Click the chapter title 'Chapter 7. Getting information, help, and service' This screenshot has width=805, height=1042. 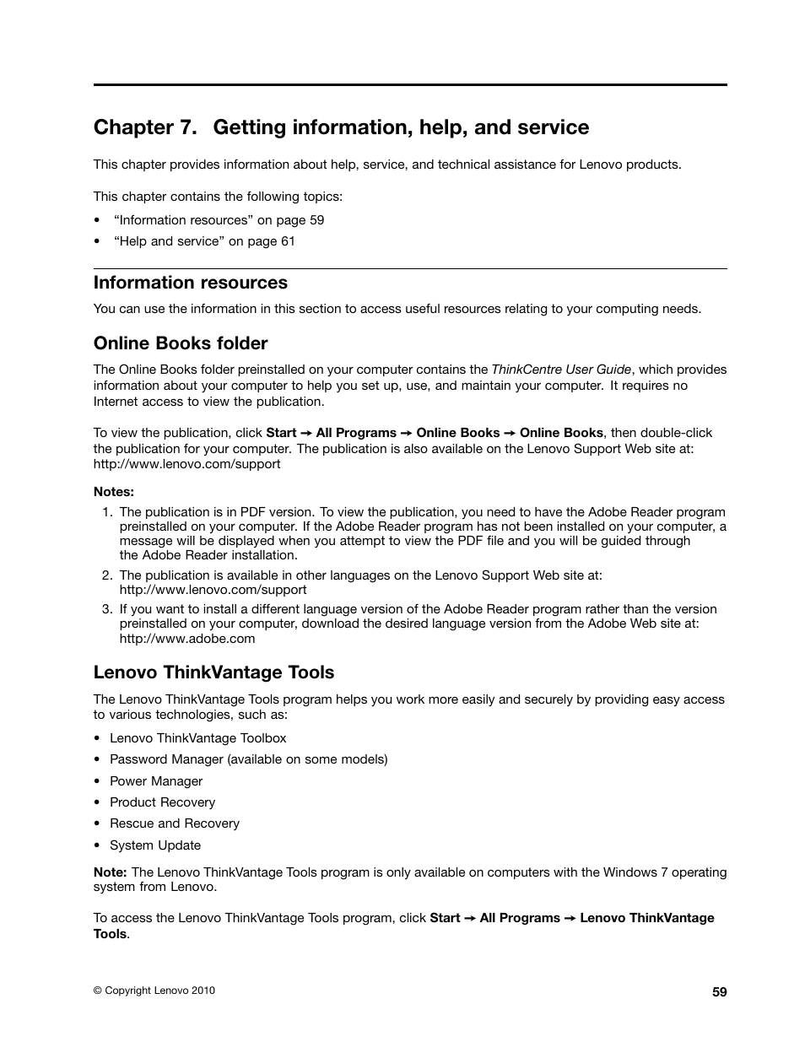tap(341, 127)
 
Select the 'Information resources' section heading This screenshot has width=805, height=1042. tap(191, 283)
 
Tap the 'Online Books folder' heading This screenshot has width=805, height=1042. tap(181, 343)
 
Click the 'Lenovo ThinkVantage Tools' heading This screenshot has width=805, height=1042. tap(213, 672)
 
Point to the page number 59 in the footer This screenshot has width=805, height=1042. tap(719, 992)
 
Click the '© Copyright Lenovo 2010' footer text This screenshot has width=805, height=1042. tap(154, 991)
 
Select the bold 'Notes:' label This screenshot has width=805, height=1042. tap(114, 492)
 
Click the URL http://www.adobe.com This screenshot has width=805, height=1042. tap(186, 639)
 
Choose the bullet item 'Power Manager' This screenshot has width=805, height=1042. tap(156, 781)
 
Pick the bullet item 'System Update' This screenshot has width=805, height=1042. tap(155, 845)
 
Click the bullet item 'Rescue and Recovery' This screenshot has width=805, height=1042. tap(175, 823)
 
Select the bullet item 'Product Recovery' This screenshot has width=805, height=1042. tap(162, 802)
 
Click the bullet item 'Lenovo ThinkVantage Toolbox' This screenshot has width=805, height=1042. tap(198, 738)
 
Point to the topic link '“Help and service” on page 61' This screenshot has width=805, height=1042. tap(204, 241)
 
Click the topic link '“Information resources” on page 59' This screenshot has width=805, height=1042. tap(219, 220)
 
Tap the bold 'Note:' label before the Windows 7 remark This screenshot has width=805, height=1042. tap(111, 872)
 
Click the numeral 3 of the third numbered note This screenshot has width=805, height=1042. tap(107, 609)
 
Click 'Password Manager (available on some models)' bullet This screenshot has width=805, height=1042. tap(249, 759)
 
